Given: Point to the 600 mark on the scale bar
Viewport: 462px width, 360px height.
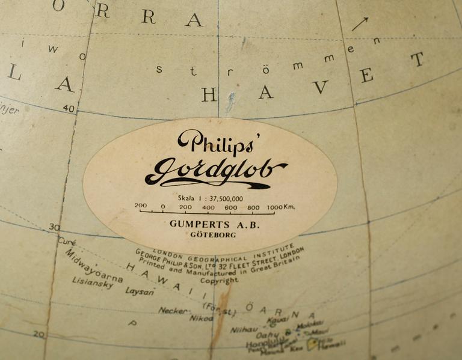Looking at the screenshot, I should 230,207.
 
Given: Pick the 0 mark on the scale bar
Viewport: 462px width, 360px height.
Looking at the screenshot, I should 162,207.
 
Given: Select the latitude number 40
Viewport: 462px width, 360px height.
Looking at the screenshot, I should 69,109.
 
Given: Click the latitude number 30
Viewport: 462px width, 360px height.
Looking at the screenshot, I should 54,227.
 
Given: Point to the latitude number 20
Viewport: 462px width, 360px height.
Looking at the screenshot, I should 39,334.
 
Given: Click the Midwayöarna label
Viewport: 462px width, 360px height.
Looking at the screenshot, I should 93,266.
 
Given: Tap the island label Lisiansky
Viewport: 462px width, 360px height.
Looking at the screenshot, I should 93,283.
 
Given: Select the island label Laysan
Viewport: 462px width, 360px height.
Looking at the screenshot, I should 140,291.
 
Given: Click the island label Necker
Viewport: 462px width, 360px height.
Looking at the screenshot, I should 173,310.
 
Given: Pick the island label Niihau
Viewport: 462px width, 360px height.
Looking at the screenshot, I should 244,329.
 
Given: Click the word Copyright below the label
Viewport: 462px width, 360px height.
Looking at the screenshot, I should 219,280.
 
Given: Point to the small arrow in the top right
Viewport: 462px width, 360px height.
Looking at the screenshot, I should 359,24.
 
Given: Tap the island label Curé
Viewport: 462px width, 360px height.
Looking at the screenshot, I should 66,241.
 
